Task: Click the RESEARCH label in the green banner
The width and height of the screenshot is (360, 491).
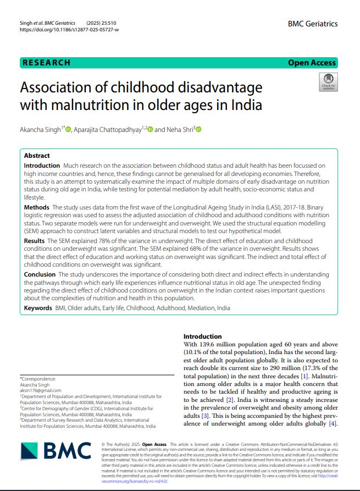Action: pos(46,63)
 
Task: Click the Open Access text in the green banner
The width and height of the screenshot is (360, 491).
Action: pos(312,63)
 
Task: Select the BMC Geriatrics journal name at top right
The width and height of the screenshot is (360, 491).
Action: pos(312,24)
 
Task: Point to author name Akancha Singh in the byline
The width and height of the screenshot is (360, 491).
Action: pos(41,130)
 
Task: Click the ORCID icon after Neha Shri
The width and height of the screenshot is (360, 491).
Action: pos(199,130)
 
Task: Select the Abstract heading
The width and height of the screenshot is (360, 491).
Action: pos(37,156)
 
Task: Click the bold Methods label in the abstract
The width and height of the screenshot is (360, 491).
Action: pos(37,207)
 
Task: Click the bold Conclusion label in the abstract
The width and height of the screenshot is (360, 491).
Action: pos(40,274)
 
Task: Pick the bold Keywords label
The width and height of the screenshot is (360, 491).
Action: pos(38,307)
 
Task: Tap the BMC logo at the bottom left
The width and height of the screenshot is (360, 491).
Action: pos(56,451)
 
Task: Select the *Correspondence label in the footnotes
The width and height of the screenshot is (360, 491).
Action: pos(37,378)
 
